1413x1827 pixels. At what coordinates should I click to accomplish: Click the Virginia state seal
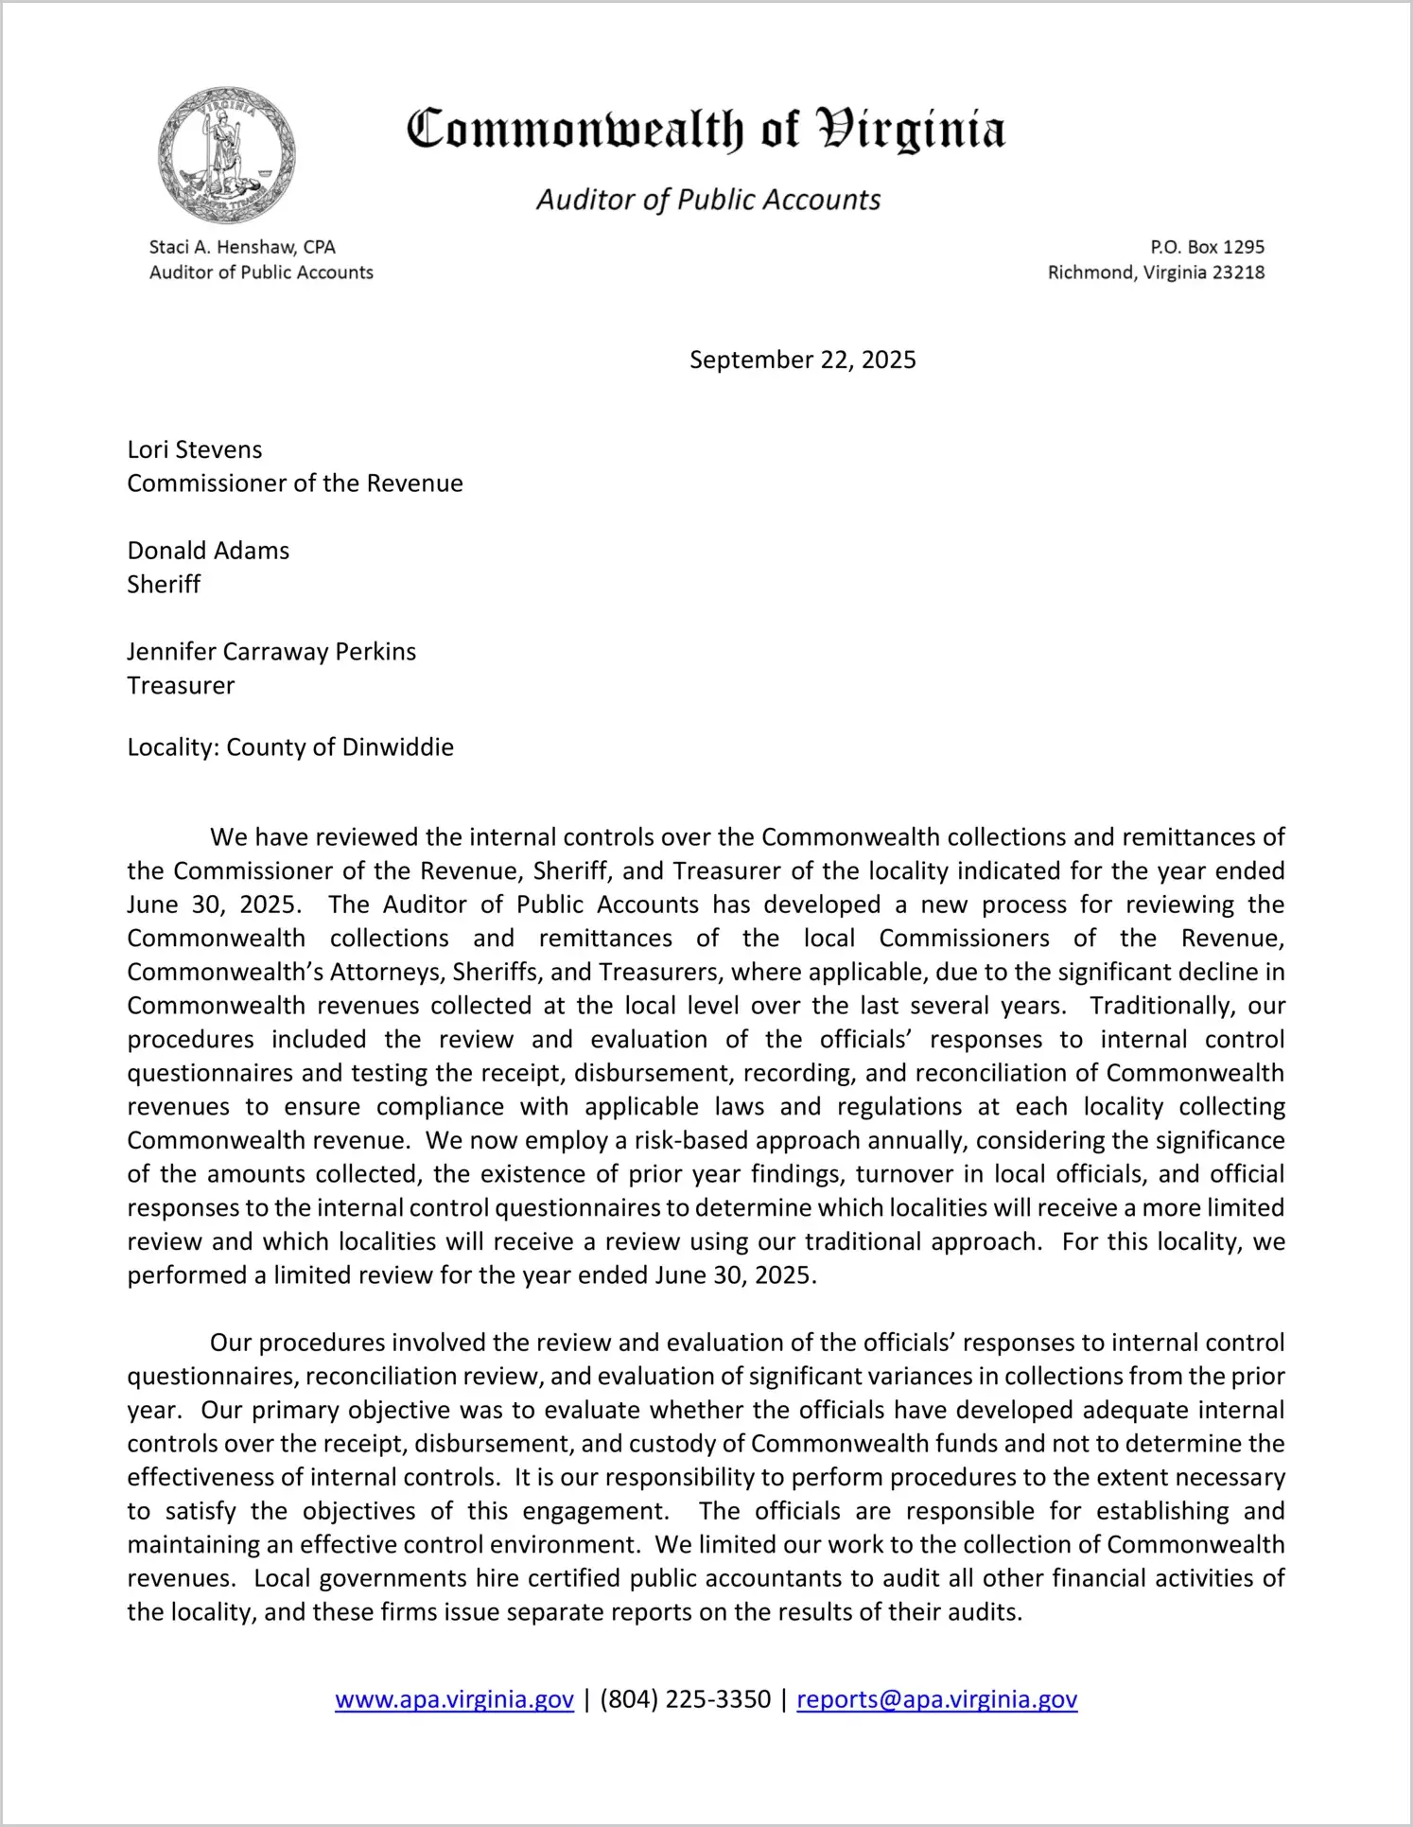point(227,155)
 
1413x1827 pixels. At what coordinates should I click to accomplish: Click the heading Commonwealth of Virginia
point(706,130)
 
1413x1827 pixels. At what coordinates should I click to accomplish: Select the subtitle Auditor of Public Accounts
point(708,200)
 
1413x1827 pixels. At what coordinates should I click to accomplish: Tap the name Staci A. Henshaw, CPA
point(242,247)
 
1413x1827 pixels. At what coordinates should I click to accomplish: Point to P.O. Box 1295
point(1207,247)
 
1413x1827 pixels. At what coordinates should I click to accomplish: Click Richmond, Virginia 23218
point(1156,272)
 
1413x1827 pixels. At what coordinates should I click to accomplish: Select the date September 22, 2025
point(802,360)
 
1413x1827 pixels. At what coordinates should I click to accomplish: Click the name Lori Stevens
point(195,449)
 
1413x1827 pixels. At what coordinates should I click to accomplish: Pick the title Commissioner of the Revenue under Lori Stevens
point(295,483)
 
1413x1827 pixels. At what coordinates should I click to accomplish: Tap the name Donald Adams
point(208,551)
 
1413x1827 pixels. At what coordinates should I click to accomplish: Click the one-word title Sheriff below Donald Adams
point(164,585)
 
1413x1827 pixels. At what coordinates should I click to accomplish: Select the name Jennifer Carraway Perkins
point(271,652)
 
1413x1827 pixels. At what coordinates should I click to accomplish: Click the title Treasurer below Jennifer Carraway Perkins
point(181,686)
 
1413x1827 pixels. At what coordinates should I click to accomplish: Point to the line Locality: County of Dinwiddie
point(290,747)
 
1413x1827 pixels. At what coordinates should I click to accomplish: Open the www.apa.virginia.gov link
point(454,1699)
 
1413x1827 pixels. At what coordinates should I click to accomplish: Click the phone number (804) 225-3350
point(685,1699)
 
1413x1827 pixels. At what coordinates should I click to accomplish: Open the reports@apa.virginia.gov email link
point(936,1699)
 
